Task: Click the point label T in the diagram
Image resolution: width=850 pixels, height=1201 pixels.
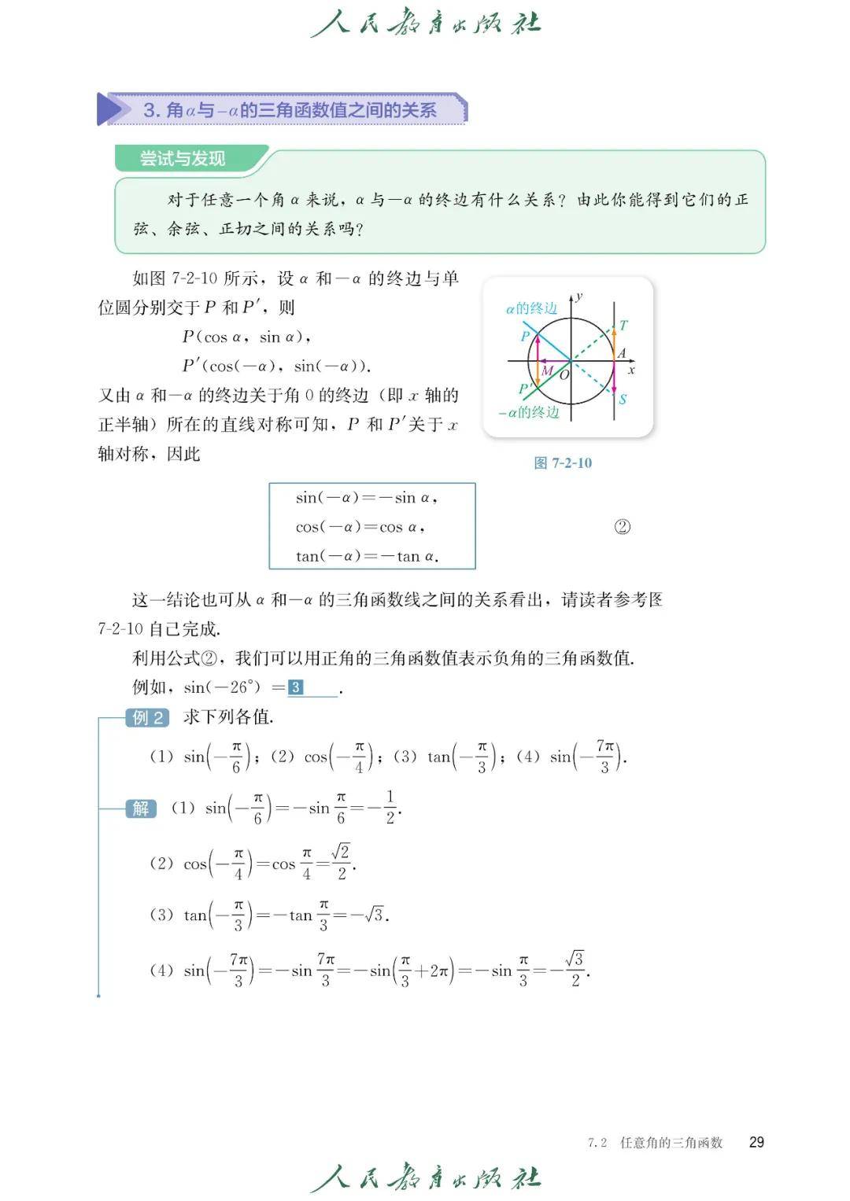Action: pyautogui.click(x=624, y=325)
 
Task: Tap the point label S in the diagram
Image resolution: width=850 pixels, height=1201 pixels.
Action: pyautogui.click(x=623, y=400)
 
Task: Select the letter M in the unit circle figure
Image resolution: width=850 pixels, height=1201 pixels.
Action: pyautogui.click(x=547, y=370)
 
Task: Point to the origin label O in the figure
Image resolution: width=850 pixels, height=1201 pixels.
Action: pyautogui.click(x=564, y=374)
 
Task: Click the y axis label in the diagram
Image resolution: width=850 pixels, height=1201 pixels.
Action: pyautogui.click(x=579, y=297)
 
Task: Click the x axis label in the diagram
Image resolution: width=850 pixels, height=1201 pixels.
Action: pyautogui.click(x=631, y=370)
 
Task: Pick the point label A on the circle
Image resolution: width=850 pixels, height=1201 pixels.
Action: pyautogui.click(x=622, y=353)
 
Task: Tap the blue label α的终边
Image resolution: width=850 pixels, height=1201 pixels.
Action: pyautogui.click(x=531, y=308)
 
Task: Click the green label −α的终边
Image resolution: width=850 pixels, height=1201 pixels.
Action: pyautogui.click(x=529, y=412)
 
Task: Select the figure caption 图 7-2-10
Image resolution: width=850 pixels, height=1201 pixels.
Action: pyautogui.click(x=563, y=462)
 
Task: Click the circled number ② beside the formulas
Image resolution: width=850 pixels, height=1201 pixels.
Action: pyautogui.click(x=622, y=527)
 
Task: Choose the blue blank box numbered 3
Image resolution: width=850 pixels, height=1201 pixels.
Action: pyautogui.click(x=296, y=687)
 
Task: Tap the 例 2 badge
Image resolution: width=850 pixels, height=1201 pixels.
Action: pyautogui.click(x=147, y=717)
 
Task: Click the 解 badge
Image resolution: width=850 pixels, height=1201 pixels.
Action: pyautogui.click(x=141, y=808)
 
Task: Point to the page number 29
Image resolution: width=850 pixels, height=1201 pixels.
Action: pyautogui.click(x=756, y=1142)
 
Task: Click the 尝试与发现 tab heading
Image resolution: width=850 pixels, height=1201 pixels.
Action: pyautogui.click(x=183, y=158)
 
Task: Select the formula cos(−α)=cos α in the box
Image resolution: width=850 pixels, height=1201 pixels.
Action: pyautogui.click(x=360, y=527)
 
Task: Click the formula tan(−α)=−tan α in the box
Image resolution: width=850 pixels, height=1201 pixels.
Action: pyautogui.click(x=367, y=556)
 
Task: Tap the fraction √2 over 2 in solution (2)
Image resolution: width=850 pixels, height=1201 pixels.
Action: pyautogui.click(x=341, y=862)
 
